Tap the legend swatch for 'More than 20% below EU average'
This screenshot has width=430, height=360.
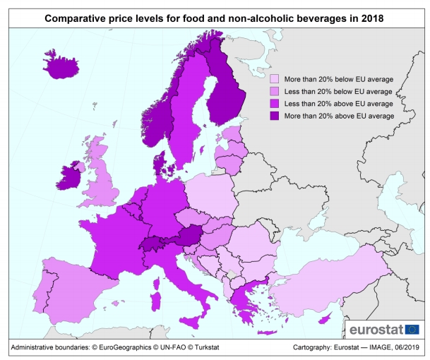coord(274,78)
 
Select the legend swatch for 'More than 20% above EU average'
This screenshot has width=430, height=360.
coord(274,114)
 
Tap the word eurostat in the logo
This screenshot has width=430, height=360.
coord(376,329)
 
